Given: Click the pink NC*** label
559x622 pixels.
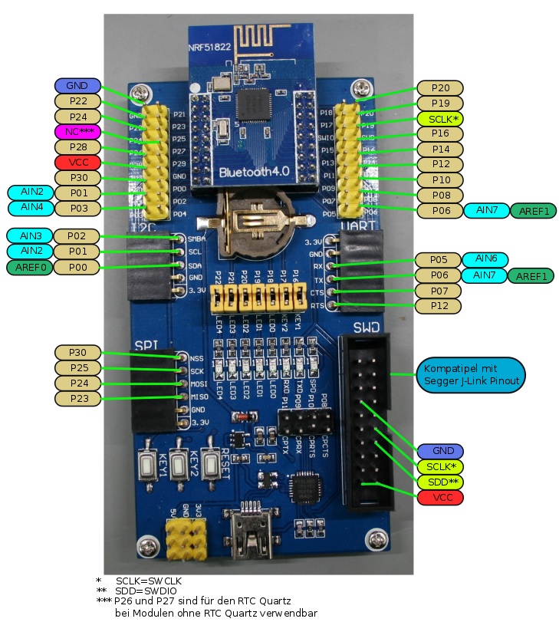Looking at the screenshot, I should pos(77,131).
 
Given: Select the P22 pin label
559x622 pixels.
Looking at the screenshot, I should pos(77,100).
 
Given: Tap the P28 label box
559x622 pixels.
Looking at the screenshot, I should pos(77,146).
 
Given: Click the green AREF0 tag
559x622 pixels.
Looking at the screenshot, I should pos(28,267).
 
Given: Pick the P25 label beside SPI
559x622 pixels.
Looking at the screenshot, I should pos(78,367).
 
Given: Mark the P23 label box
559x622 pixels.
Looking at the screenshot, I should pos(78,398).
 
